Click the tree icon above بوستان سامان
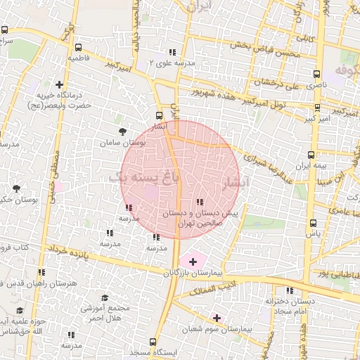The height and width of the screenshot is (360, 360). point(123,131)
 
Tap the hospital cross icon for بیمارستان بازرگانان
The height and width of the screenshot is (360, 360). point(193,261)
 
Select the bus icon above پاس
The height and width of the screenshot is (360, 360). point(313,222)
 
